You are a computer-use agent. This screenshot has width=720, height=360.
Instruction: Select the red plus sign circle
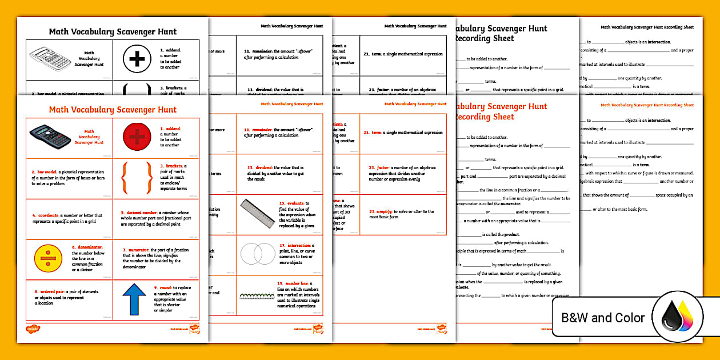click(137, 137)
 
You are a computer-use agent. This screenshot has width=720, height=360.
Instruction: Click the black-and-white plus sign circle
click(137, 59)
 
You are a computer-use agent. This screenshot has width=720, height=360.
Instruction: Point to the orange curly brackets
click(137, 178)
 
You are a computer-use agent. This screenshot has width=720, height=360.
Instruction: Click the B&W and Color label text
click(603, 318)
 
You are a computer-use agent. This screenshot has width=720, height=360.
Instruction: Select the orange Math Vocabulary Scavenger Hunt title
click(113, 110)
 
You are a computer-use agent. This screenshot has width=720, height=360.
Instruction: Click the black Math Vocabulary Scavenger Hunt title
click(113, 32)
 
